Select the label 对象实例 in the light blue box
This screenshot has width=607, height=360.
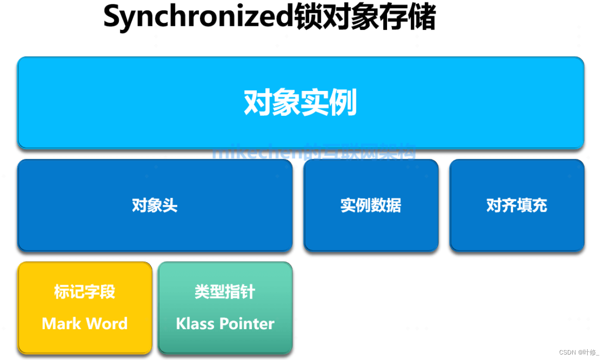301,103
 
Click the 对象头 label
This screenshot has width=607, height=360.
155,205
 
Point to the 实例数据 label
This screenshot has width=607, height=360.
371,205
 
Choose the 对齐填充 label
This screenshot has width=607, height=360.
516,205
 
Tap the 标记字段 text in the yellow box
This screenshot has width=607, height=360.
85,292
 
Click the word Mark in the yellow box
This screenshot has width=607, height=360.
60,324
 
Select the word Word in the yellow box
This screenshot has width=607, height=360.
105,324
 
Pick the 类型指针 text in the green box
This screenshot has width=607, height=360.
225,292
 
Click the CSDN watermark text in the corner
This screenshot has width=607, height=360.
567,352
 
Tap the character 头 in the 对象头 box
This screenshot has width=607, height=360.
170,205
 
